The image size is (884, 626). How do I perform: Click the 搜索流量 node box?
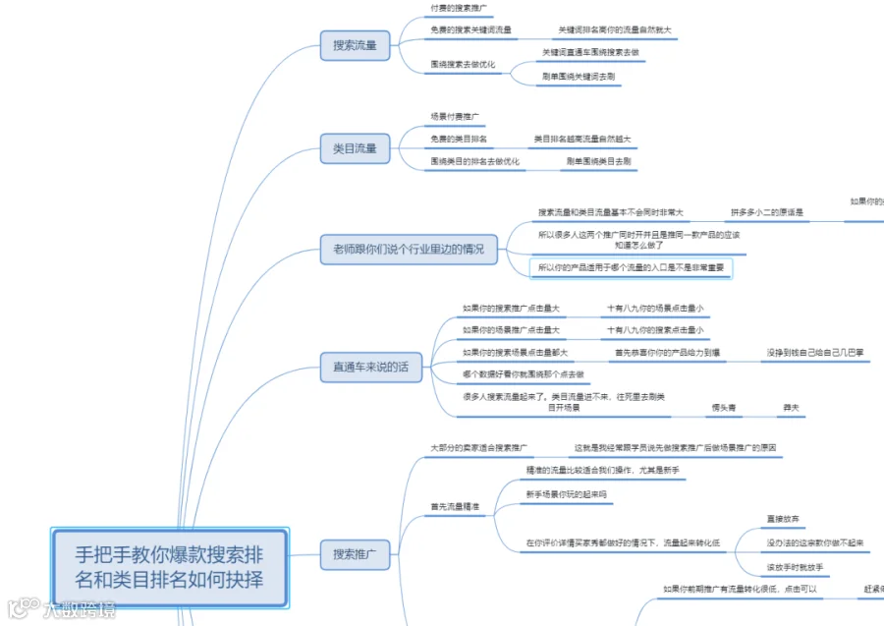(355, 44)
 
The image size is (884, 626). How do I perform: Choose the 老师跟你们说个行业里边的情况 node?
(408, 249)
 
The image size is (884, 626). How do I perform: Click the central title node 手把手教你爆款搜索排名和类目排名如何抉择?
(170, 567)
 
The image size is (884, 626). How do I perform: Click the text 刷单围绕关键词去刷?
(579, 76)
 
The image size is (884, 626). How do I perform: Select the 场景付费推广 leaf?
(455, 117)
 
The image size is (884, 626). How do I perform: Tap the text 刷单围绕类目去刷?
(598, 161)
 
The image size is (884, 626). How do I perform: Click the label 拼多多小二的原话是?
(767, 212)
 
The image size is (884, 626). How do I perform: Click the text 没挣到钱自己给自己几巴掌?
(815, 352)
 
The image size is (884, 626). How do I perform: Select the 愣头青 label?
(725, 407)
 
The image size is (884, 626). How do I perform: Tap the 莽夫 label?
(791, 407)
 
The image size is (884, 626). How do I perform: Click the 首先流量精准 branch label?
(455, 507)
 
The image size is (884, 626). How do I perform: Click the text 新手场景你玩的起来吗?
(567, 494)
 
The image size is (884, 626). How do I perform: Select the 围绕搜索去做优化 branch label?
(463, 65)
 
